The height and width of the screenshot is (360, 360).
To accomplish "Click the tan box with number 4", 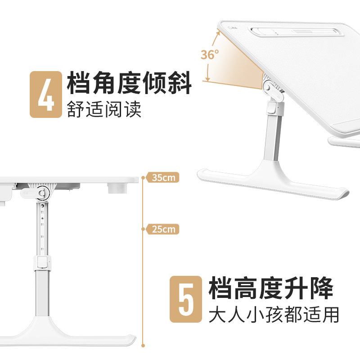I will (x=45, y=94).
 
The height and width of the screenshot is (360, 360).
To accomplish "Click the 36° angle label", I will (x=210, y=55).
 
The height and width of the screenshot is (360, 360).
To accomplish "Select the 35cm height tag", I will (x=162, y=178).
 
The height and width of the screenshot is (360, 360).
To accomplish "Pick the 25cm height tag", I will (x=162, y=229).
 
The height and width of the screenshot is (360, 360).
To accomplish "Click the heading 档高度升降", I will (x=271, y=288).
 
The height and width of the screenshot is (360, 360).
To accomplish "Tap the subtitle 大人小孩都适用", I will (x=274, y=315).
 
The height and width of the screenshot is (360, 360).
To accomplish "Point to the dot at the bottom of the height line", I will (x=143, y=346).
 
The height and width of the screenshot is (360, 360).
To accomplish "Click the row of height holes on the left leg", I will (x=42, y=225).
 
